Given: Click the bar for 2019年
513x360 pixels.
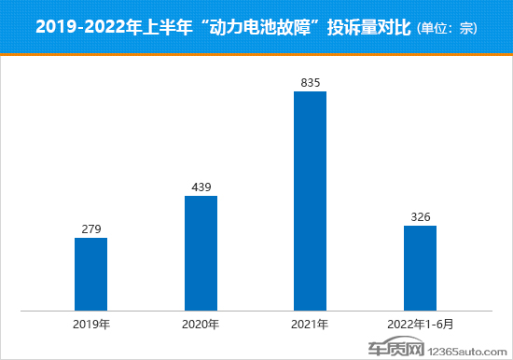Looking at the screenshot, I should pos(90,273).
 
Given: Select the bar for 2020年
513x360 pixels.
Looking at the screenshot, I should pos(201,253).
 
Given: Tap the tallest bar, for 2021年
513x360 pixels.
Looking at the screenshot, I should pos(310,201).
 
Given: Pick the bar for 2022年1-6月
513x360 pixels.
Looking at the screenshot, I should pos(420,268).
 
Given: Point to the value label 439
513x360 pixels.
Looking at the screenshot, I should pos(201,187).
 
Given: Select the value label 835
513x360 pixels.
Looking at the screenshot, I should pos(310,83).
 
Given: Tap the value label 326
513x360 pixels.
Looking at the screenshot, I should pos(420,216).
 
